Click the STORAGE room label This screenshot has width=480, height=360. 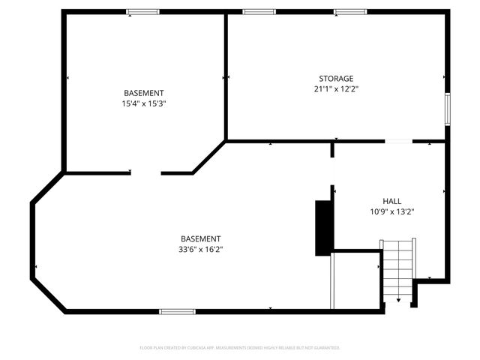[335, 78]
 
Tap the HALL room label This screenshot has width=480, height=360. [391, 201]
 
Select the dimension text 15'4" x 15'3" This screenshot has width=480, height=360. [143, 103]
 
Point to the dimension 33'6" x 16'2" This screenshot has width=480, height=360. [200, 249]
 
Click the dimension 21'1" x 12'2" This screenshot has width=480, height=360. [336, 88]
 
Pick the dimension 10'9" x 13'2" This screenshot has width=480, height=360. [392, 211]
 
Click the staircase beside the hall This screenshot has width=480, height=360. [398, 268]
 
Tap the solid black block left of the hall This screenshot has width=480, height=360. [323, 227]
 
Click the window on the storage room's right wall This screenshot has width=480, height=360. [448, 109]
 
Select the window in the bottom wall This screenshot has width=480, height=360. [178, 311]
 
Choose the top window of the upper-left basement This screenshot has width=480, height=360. [142, 11]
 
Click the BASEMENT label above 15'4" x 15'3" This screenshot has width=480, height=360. [143, 93]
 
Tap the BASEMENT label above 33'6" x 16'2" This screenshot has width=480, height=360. [200, 238]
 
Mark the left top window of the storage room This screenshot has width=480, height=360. [259, 11]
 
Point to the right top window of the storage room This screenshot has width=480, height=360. [350, 11]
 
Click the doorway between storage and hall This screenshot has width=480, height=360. [398, 140]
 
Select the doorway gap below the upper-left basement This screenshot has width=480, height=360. [146, 173]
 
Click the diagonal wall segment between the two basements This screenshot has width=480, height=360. [209, 157]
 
